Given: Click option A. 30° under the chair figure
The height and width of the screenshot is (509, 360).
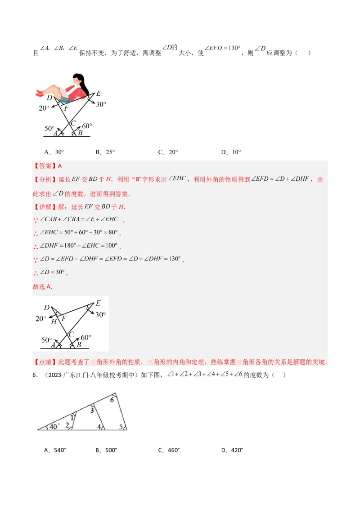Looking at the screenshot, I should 54,152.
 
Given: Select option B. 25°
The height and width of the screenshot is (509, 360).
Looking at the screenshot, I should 105,152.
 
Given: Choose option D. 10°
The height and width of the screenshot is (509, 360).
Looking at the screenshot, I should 231,152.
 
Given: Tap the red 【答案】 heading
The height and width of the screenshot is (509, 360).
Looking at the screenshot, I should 45,166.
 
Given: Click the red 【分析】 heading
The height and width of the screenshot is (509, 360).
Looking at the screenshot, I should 45,179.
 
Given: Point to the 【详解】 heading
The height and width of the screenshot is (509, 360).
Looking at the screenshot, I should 45,207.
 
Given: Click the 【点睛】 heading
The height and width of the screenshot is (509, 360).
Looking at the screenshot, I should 45,362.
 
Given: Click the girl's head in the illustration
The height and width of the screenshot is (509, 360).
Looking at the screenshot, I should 79,80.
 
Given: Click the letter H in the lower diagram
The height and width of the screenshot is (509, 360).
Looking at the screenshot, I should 54,321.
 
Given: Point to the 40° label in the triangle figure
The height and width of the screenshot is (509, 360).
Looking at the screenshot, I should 54,426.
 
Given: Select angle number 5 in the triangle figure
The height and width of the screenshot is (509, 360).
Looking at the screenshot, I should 121,426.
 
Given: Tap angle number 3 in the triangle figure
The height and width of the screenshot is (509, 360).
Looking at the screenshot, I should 92,410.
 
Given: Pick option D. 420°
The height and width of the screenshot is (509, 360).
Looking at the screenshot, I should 232,450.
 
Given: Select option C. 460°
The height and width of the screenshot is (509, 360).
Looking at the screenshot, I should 168,450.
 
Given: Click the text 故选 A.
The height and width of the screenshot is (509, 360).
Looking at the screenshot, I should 43,286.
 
